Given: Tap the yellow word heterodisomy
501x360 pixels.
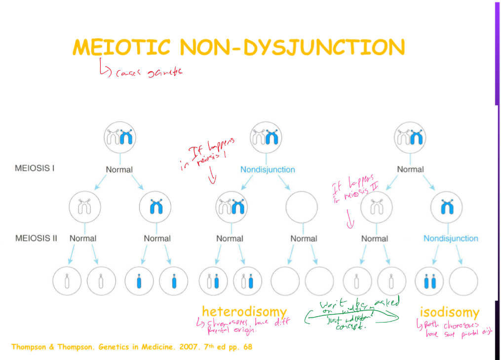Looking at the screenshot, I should pos(244,312).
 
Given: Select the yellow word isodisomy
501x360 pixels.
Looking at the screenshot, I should pos(449,312).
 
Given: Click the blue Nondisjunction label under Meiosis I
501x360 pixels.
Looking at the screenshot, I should pos(268,170).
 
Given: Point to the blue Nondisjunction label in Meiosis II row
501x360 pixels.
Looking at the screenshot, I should pos(451,238).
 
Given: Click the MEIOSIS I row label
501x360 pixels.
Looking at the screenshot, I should pos(35,168).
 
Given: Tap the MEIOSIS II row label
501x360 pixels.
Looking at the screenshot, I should pos(36,238).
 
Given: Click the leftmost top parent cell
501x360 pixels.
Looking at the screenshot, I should pos(120,138).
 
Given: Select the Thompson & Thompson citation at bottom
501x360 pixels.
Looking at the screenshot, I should pos(132,347).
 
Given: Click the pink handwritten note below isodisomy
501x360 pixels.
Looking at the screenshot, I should pos(455,329).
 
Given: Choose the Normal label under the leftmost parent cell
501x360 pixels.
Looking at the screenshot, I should pos(119,170).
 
